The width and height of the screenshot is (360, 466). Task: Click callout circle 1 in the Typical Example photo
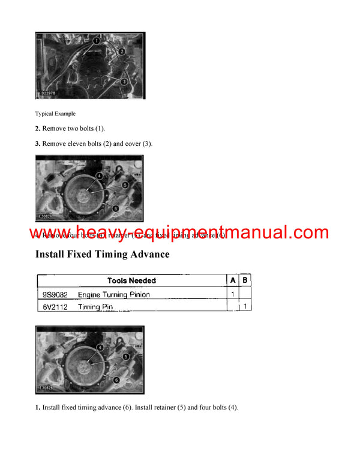point(97,41)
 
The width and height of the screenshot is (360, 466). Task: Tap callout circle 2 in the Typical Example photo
point(121,52)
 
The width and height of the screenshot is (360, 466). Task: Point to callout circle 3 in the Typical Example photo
point(124,81)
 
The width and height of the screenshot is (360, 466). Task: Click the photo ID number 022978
point(47,94)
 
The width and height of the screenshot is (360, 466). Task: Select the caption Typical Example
point(55,113)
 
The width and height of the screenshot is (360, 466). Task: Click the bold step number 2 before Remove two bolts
point(38,129)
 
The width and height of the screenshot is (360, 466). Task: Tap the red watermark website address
point(179,232)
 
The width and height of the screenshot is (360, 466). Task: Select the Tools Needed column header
point(131,280)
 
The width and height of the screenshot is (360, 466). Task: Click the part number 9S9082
point(55,294)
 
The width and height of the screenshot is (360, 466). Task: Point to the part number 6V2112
point(55,307)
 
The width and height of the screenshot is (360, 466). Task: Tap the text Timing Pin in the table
point(95,307)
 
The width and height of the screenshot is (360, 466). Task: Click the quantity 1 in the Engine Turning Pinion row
point(232,294)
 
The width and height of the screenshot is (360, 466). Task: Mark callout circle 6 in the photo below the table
point(115,380)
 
